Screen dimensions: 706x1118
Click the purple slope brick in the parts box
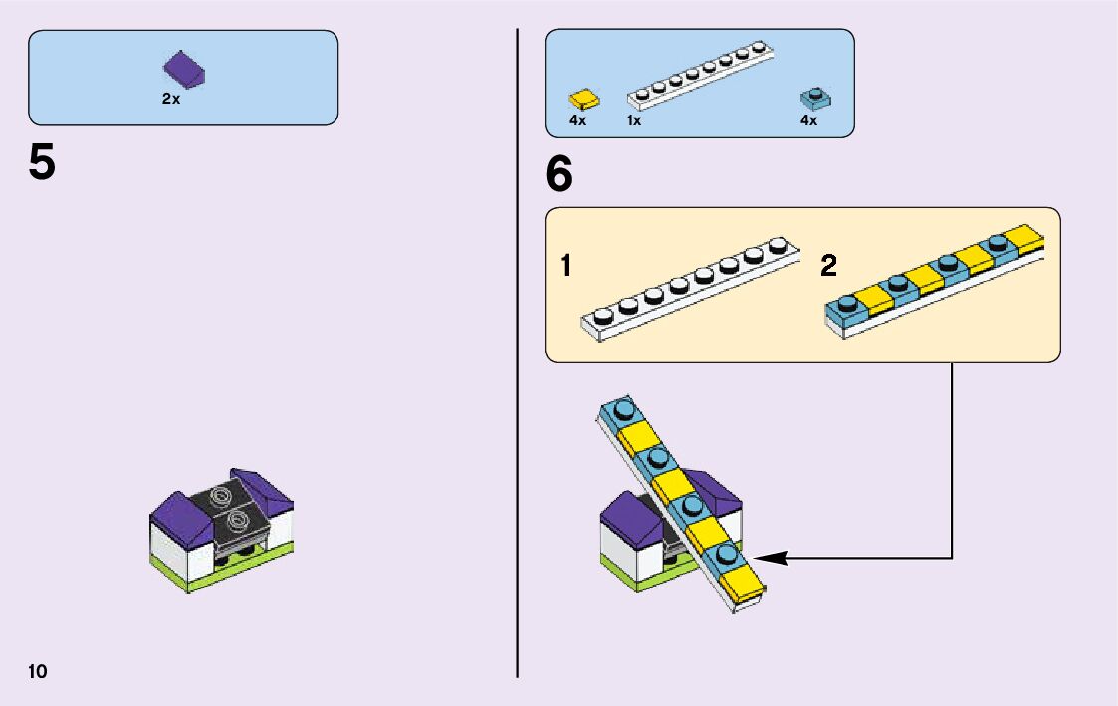click(184, 68)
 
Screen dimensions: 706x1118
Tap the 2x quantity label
click(171, 100)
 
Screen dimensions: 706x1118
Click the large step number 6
click(559, 175)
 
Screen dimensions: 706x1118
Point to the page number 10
click(38, 671)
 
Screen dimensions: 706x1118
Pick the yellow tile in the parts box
click(584, 99)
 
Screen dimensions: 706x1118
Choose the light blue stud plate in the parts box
click(815, 98)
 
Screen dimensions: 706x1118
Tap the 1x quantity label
click(634, 120)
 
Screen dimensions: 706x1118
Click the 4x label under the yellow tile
click(577, 120)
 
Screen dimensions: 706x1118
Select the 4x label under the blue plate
click(808, 120)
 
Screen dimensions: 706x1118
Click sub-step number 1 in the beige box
click(565, 267)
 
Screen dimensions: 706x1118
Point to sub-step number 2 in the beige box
click(829, 267)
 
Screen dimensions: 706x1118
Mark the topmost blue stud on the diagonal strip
click(624, 408)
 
